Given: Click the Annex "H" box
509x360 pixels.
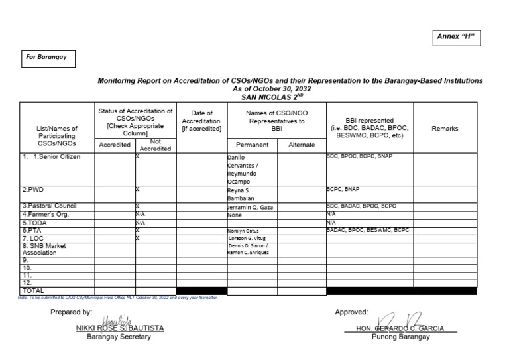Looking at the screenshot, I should pyautogui.click(x=457, y=38).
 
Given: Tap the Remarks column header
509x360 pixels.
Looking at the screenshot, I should pyautogui.click(x=445, y=129).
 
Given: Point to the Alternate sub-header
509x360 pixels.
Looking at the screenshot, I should pyautogui.click(x=302, y=145).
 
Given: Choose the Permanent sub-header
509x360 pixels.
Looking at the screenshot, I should pyautogui.click(x=252, y=145).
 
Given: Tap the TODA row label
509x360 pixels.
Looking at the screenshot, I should pyautogui.click(x=37, y=223).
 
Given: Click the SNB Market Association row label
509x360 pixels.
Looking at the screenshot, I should pyautogui.click(x=45, y=249).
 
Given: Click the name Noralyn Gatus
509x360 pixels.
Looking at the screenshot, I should pyautogui.click(x=243, y=231).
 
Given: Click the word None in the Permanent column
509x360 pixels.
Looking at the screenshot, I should pyautogui.click(x=235, y=215).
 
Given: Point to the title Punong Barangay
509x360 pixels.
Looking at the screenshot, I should pyautogui.click(x=398, y=337).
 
